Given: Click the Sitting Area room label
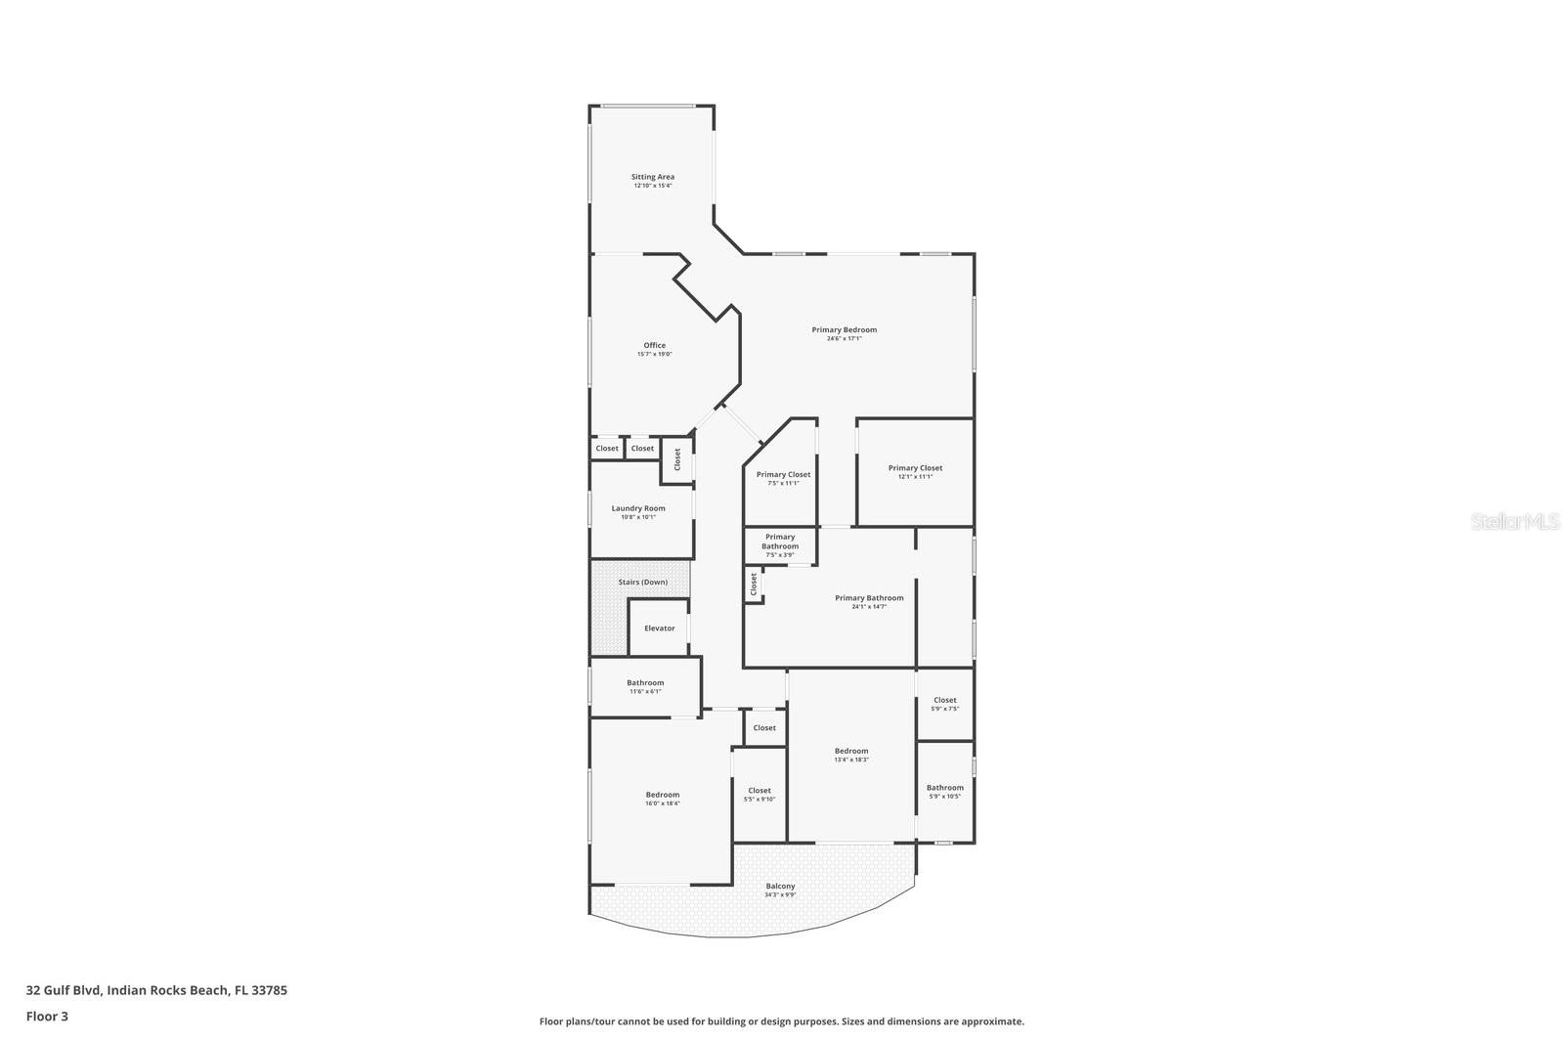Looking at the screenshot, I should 652,177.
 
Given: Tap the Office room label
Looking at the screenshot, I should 654,345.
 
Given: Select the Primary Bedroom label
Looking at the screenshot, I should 844,329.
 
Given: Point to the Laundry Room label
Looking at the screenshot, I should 638,508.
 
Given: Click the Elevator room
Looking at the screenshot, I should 659,628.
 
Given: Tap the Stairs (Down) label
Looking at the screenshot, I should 642,582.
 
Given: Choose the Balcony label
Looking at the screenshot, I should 780,886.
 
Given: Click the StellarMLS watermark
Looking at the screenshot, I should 1515,522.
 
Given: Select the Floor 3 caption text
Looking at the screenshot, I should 47,1016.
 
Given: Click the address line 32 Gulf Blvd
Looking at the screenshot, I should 156,989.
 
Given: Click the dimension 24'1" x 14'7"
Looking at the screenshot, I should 869,607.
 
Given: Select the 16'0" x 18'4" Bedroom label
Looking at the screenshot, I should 662,795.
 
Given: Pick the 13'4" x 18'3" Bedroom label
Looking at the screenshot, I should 851,751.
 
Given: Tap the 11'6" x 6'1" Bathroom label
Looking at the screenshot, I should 645,683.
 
